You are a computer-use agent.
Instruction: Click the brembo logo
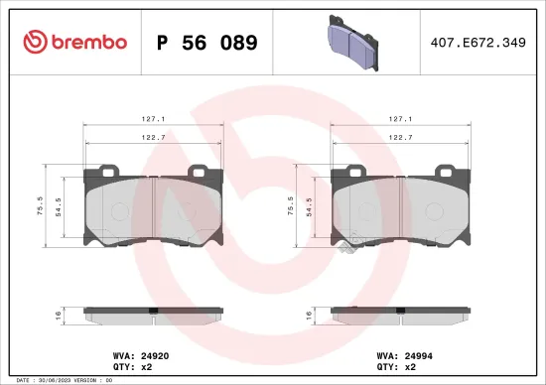[x=75, y=42]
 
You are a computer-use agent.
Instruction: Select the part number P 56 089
[x=207, y=43]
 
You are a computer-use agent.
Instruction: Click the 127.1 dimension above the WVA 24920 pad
[x=152, y=116]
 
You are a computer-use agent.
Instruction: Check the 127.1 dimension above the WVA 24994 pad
[x=399, y=116]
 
